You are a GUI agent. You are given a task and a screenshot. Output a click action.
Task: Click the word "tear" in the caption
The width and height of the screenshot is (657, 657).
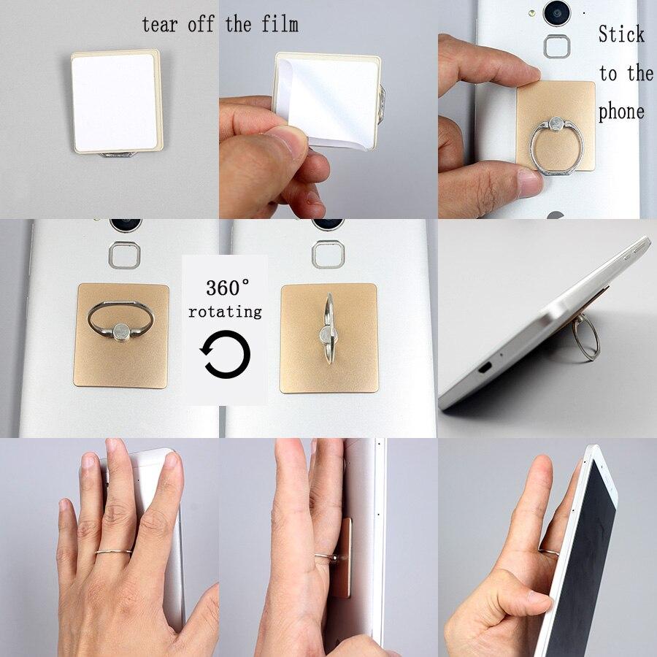pos(159,24)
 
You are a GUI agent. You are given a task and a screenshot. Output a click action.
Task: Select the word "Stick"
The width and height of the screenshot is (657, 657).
pos(621,34)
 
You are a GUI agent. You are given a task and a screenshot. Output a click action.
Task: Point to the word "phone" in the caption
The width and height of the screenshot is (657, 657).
pos(621,112)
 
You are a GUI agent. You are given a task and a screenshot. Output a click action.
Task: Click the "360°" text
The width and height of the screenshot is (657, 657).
pos(227,285)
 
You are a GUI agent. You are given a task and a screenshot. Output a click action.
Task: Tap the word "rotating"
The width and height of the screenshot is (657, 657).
pos(225,312)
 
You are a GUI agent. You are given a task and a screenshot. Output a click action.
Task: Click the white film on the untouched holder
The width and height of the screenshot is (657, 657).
pos(115,100)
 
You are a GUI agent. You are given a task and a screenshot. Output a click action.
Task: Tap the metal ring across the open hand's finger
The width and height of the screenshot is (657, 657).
pos(113,550)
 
